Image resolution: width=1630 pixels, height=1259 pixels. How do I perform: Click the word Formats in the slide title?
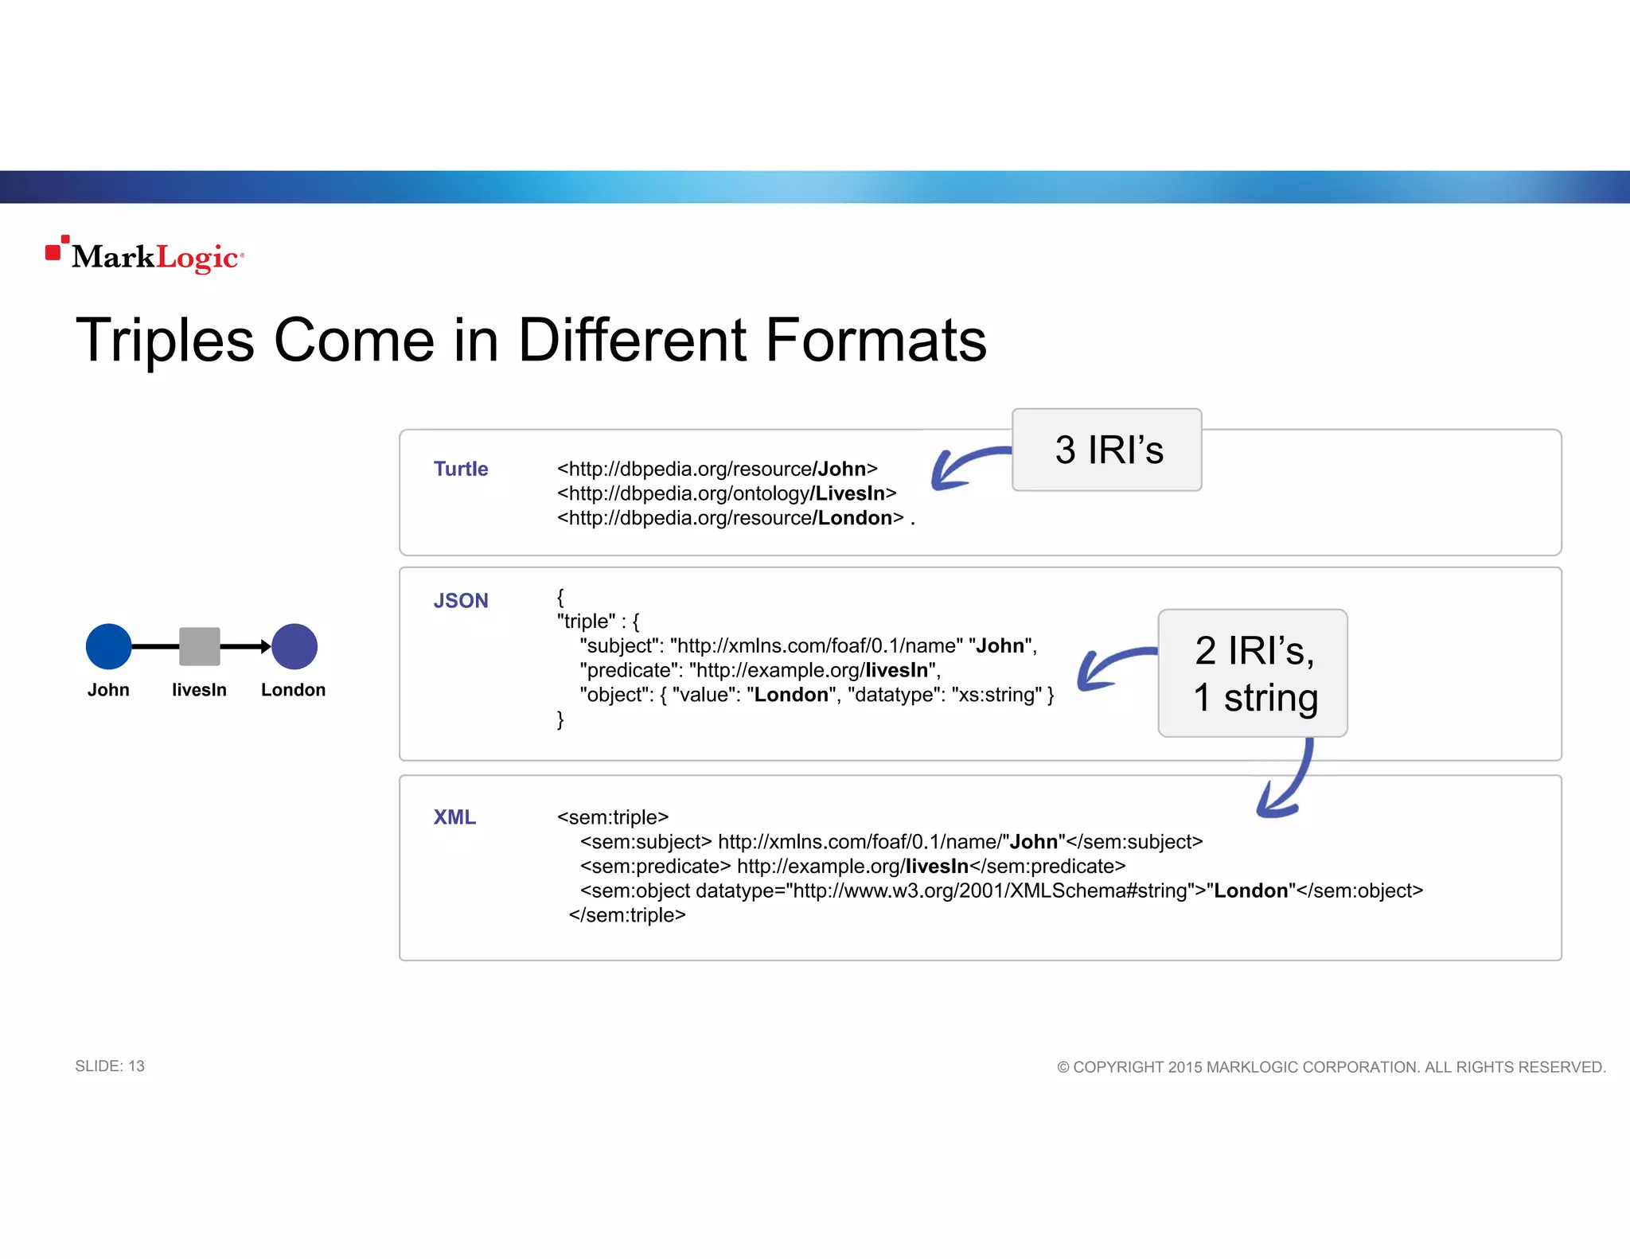coord(875,341)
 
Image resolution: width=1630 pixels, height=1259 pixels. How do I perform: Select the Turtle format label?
coord(461,469)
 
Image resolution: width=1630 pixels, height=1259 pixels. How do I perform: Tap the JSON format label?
coord(461,601)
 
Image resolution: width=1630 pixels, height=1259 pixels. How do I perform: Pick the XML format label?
coord(454,817)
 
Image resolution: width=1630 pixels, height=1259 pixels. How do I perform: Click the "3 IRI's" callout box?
coord(1107,450)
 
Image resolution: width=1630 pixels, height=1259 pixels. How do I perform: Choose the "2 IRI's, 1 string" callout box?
coord(1253,673)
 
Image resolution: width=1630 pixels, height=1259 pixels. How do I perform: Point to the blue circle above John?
coord(108,646)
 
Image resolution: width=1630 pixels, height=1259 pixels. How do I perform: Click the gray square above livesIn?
coord(199,646)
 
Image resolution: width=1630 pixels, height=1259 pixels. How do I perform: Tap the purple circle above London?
coord(294,646)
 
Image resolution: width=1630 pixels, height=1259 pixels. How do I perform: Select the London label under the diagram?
coord(293,690)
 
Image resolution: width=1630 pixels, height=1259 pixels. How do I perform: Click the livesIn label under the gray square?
coord(199,690)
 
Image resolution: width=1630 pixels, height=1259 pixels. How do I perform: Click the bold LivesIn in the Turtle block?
coord(850,493)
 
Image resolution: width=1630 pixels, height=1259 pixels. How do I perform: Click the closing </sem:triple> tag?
coord(627,915)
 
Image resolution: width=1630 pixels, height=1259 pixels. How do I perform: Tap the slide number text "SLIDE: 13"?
coord(110,1066)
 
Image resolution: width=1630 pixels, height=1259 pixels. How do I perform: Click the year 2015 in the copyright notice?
coord(1185,1067)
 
